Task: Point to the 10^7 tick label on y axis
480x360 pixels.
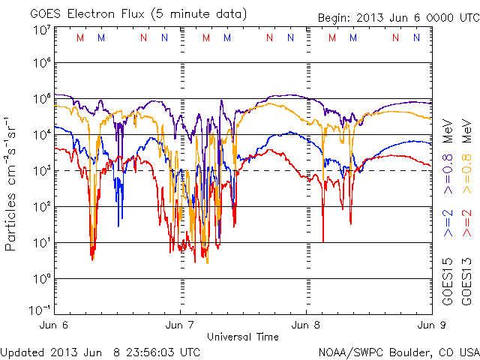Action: point(42,30)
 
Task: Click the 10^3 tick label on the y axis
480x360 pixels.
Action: point(42,171)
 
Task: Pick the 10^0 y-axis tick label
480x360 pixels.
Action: point(42,280)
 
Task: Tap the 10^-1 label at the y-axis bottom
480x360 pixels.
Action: point(40,310)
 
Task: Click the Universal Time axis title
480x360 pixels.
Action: point(242,337)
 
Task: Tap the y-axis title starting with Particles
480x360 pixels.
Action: point(13,184)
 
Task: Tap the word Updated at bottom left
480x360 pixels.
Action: point(22,352)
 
